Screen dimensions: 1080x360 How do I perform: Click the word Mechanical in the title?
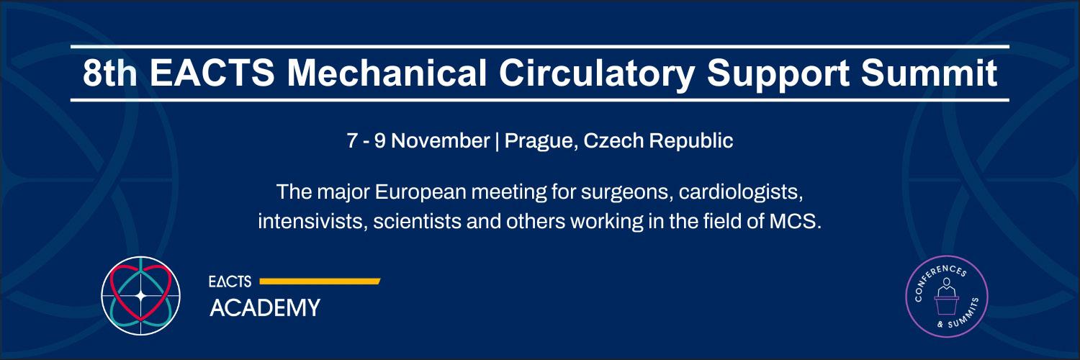tap(387, 73)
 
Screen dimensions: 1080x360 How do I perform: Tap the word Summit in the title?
tap(929, 73)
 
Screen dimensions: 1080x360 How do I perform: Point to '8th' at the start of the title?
tap(110, 73)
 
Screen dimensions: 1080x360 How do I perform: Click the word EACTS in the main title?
tap(212, 73)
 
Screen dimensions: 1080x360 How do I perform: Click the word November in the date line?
tap(440, 140)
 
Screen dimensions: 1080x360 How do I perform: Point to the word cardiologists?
tap(741, 193)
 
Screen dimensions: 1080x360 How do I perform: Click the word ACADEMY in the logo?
tap(265, 308)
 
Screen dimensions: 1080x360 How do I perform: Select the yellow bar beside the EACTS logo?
tap(320, 282)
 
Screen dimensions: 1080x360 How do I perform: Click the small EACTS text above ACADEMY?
tap(230, 282)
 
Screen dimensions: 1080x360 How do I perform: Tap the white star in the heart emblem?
tap(141, 296)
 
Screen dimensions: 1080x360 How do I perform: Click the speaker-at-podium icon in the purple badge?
tap(946, 296)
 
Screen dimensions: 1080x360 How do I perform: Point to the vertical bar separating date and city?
tap(497, 141)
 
